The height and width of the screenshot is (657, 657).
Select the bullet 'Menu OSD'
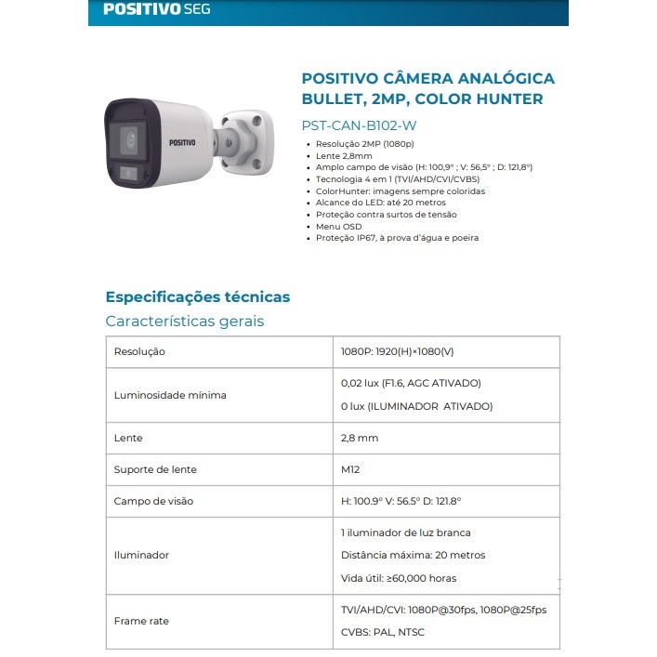point(339,226)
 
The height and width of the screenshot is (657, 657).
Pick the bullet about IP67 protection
point(397,238)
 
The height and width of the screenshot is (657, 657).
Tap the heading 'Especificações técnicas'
point(198,297)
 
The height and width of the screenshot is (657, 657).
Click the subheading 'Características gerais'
point(185,322)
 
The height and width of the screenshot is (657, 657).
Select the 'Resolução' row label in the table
point(139,352)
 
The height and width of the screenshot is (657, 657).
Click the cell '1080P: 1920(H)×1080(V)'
point(398,352)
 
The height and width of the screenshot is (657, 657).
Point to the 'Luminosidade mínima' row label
point(170,395)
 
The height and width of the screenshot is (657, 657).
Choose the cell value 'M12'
point(351,469)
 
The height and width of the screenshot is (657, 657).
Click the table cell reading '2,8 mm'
point(361,437)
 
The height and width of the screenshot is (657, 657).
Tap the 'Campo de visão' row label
point(153,501)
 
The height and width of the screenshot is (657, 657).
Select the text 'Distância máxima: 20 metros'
point(414,555)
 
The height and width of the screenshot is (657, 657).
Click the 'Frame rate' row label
point(141,621)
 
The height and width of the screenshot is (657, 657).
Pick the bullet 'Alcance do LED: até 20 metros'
point(381,203)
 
